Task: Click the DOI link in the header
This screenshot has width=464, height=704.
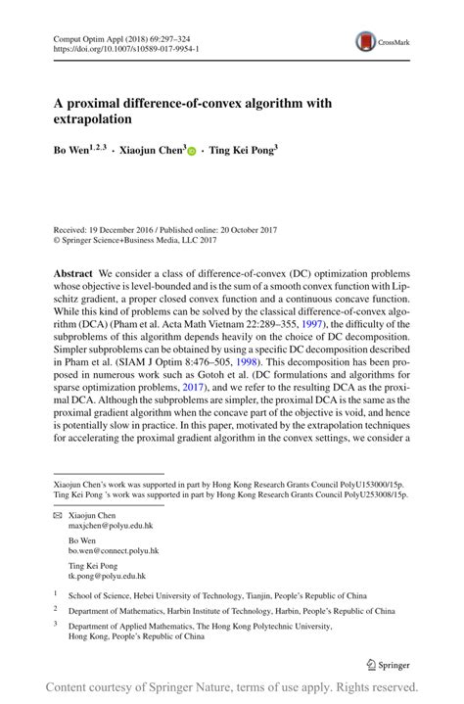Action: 126,46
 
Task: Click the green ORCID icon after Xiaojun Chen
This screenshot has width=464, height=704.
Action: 192,153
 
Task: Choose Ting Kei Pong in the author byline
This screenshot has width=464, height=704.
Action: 242,152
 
